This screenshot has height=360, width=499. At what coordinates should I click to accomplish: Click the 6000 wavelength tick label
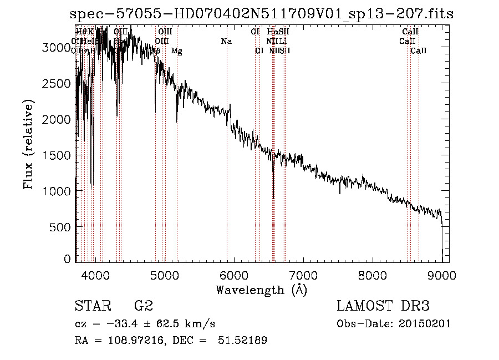(x=233, y=275)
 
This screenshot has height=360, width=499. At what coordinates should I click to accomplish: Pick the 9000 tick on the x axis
(x=442, y=275)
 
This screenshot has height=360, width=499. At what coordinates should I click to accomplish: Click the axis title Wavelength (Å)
(x=261, y=290)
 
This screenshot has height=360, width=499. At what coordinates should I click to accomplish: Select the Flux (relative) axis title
(x=28, y=144)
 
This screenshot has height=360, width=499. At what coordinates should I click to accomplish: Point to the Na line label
(x=226, y=42)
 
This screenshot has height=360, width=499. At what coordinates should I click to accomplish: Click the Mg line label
(x=176, y=51)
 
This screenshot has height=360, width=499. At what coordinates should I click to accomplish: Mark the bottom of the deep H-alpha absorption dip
(x=273, y=197)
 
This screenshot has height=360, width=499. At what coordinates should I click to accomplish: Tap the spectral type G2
(x=143, y=306)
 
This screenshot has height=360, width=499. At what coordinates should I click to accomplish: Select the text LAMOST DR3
(x=383, y=306)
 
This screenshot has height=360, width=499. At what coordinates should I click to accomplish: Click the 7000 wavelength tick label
(x=303, y=275)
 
